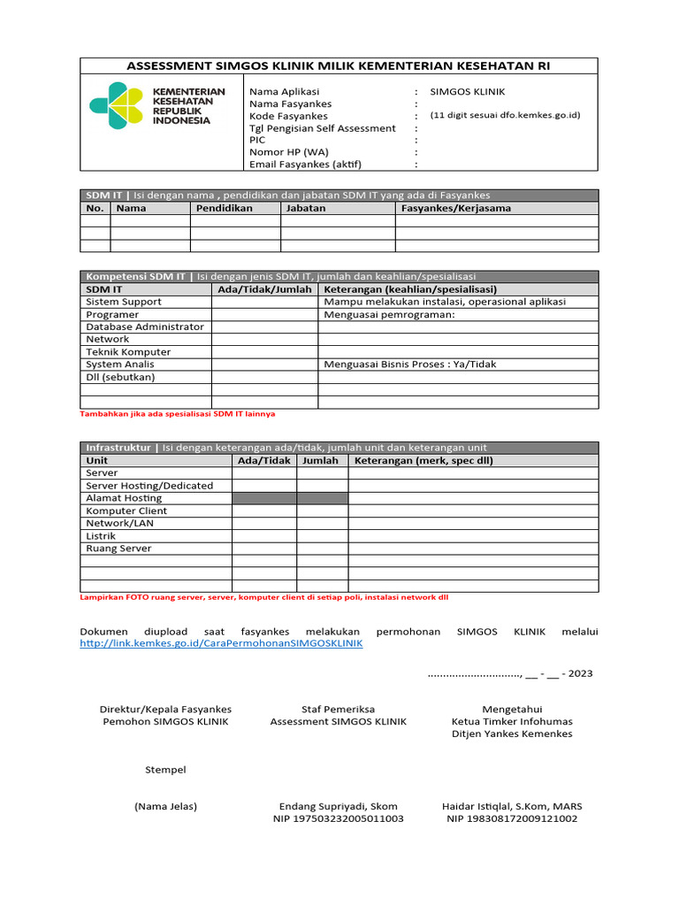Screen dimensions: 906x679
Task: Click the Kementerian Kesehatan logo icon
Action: pyautogui.click(x=116, y=104)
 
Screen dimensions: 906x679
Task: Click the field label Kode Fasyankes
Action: pyautogui.click(x=288, y=116)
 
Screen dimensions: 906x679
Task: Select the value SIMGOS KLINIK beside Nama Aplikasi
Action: pyautogui.click(x=468, y=91)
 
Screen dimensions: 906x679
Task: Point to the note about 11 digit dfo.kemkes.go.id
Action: pyautogui.click(x=505, y=116)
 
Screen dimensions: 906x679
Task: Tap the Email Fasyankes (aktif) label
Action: pyautogui.click(x=305, y=164)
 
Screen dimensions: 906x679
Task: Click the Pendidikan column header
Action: pyautogui.click(x=225, y=209)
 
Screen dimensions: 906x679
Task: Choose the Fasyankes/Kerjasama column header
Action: pyautogui.click(x=455, y=209)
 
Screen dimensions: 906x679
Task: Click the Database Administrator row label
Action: pyautogui.click(x=144, y=326)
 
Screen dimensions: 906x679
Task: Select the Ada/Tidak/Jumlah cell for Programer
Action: pyautogui.click(x=264, y=314)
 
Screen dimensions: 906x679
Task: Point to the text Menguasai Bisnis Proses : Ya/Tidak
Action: pyautogui.click(x=410, y=364)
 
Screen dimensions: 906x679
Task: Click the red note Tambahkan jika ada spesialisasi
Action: pyautogui.click(x=183, y=413)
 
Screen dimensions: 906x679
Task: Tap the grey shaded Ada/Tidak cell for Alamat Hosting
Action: pyautogui.click(x=264, y=498)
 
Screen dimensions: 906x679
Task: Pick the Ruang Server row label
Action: pyautogui.click(x=118, y=549)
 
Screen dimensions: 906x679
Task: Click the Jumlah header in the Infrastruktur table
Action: pyautogui.click(x=322, y=461)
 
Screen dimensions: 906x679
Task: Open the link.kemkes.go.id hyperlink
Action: pyautogui.click(x=221, y=644)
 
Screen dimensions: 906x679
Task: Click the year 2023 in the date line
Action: pyautogui.click(x=581, y=673)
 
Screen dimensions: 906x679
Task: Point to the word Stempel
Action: pyautogui.click(x=165, y=770)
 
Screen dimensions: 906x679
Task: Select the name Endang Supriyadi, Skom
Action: pyautogui.click(x=338, y=806)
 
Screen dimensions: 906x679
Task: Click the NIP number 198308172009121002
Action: pyautogui.click(x=512, y=819)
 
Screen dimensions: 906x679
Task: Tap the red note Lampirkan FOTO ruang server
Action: pyautogui.click(x=263, y=597)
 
